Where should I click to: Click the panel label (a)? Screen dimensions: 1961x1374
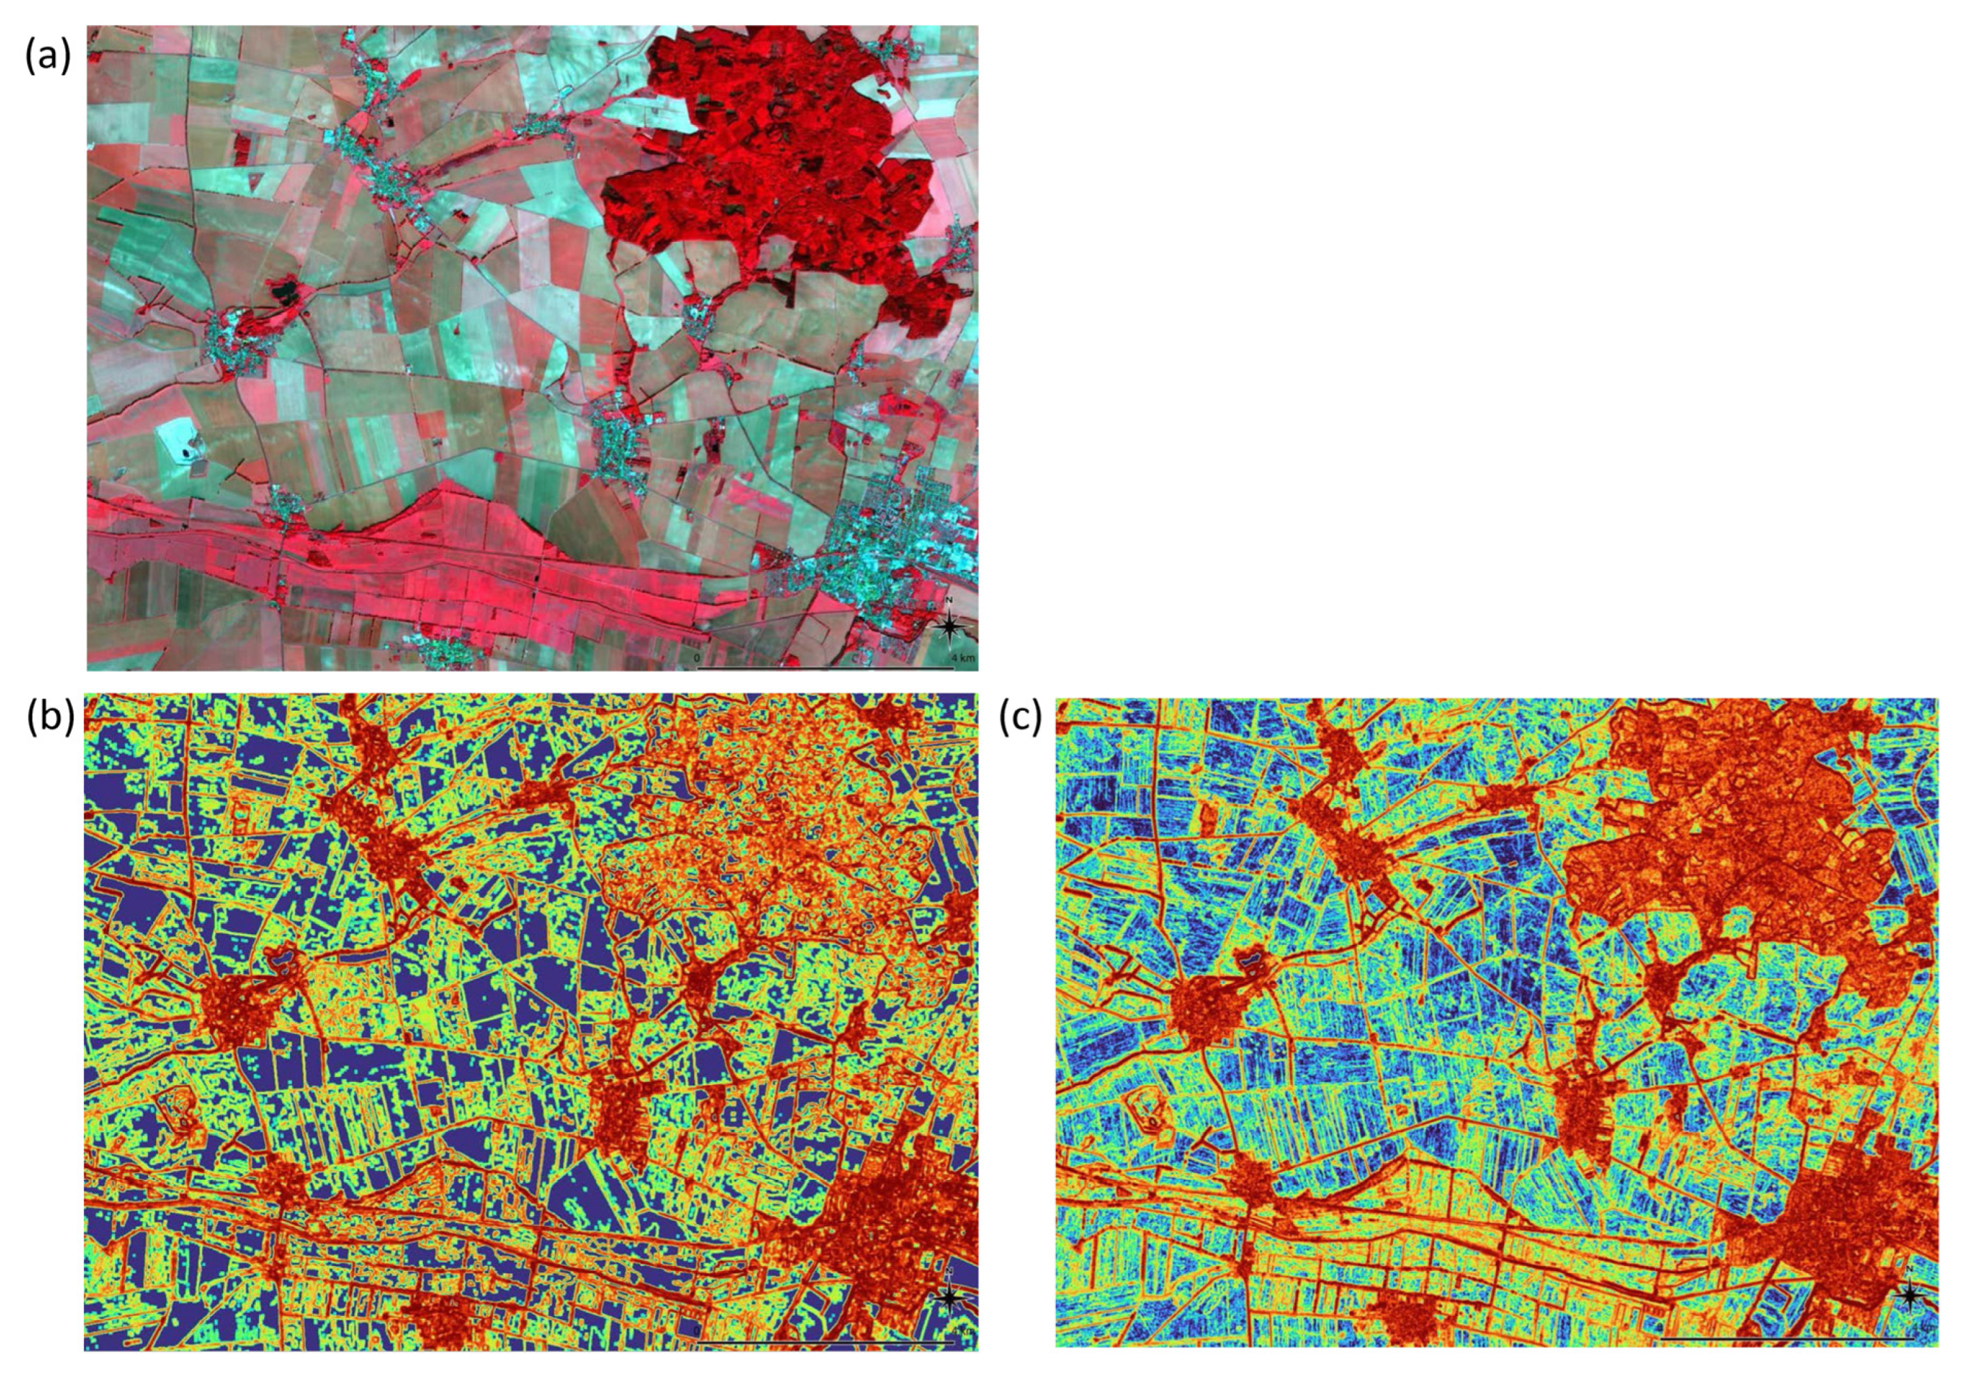pos(47,57)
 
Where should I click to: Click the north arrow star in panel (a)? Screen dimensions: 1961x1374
pos(950,627)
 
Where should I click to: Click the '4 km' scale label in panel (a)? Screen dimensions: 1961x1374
pos(962,658)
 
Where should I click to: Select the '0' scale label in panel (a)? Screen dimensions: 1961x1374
pos(697,658)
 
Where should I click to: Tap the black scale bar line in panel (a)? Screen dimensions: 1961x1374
pos(825,668)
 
